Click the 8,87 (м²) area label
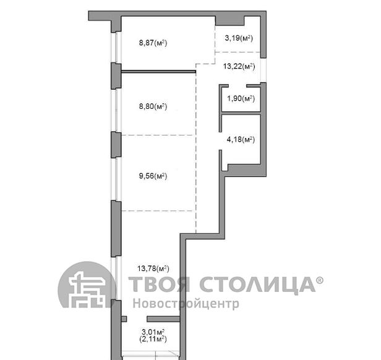coord(153,43)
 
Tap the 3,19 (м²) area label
coord(239,38)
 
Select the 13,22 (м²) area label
coord(239,66)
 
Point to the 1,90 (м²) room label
coord(241,98)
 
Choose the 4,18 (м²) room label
coord(241,140)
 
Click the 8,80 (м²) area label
coord(153,106)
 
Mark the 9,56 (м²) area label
coord(153,176)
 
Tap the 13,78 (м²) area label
coord(153,268)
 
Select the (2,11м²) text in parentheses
coord(153,339)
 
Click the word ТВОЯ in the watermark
coord(159,284)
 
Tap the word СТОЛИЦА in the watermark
coord(257,285)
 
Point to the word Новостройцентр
coord(186,304)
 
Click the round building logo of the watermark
coord(86,285)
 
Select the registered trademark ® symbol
coord(320,280)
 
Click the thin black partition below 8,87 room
coord(158,72)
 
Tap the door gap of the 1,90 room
coord(238,86)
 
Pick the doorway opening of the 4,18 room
coord(220,141)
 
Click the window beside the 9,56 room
coord(116,179)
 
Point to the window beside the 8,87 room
coord(116,47)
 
